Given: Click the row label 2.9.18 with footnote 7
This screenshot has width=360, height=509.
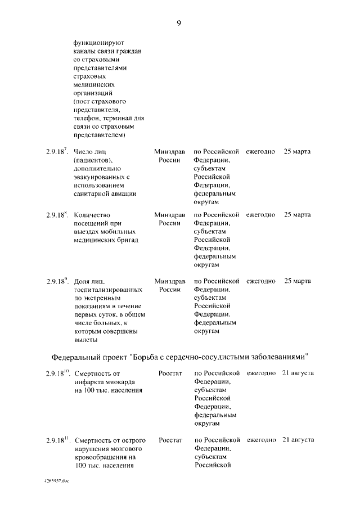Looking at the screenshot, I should (57, 152).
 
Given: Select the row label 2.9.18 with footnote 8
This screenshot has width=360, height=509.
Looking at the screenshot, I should (57, 215).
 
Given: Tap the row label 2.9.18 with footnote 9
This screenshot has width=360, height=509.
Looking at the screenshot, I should (57, 281).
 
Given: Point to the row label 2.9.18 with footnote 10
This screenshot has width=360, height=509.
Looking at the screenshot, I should (57, 373).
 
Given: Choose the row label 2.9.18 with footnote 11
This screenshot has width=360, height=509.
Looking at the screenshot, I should (57, 439).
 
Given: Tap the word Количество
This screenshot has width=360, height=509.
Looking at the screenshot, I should (92, 215).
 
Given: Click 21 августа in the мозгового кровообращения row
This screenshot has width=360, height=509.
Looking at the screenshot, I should (298, 439).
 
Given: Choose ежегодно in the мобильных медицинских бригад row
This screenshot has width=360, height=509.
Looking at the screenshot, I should (260, 215).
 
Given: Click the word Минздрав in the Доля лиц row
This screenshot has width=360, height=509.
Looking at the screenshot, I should (169, 281).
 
